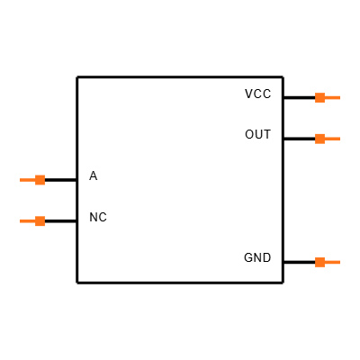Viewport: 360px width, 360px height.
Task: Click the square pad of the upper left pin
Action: [x=40, y=180]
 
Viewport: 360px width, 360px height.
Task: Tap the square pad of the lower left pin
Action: [x=40, y=221]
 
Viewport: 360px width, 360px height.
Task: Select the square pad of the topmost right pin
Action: [x=319, y=97]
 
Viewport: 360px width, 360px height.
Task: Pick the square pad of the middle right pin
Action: [x=319, y=139]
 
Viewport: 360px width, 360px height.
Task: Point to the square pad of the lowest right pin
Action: [x=319, y=263]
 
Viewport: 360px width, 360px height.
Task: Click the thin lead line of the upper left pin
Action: [x=28, y=180]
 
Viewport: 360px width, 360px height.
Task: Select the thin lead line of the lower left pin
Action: [x=28, y=221]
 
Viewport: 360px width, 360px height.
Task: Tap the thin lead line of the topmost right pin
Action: [x=332, y=97]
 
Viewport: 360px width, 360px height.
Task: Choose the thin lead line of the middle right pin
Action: [x=332, y=139]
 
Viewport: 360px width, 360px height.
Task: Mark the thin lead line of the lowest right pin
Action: [x=332, y=263]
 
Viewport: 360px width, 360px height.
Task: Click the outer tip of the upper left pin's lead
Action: [x=21, y=180]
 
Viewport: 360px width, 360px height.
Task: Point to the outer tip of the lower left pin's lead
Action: [x=21, y=221]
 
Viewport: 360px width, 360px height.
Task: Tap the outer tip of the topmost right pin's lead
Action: [x=339, y=97]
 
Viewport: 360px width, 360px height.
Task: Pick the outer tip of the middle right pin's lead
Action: [x=339, y=139]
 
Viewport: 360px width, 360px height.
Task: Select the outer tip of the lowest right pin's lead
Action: [x=339, y=263]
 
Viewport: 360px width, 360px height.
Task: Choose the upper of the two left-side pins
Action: [x=34, y=180]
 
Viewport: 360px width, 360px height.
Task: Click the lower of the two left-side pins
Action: [x=34, y=221]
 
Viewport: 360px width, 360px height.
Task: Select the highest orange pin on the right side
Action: [x=326, y=97]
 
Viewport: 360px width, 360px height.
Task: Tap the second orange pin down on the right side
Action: [x=326, y=139]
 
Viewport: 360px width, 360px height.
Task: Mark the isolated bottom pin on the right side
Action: [x=326, y=263]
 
